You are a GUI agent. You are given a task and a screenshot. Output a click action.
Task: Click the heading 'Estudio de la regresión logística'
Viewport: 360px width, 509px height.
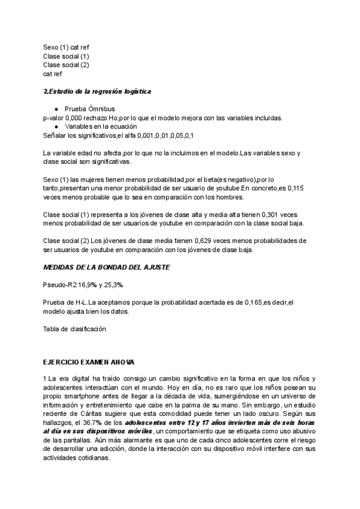pyautogui.click(x=100, y=91)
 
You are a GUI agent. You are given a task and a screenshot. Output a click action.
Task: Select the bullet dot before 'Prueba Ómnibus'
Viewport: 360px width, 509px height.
pyautogui.click(x=56, y=109)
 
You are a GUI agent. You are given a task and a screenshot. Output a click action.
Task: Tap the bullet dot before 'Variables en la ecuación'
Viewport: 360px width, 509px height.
pyautogui.click(x=56, y=127)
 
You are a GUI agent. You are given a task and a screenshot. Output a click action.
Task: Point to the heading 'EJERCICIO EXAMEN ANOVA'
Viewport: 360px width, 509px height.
pyautogui.click(x=89, y=363)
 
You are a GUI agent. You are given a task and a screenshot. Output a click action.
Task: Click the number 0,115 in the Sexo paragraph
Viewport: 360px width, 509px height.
pyautogui.click(x=294, y=188)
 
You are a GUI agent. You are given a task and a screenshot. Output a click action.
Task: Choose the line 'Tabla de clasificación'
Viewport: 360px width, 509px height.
pyautogui.click(x=74, y=328)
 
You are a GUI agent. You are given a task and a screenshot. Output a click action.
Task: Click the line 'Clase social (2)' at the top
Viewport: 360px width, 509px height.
pyautogui.click(x=66, y=65)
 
